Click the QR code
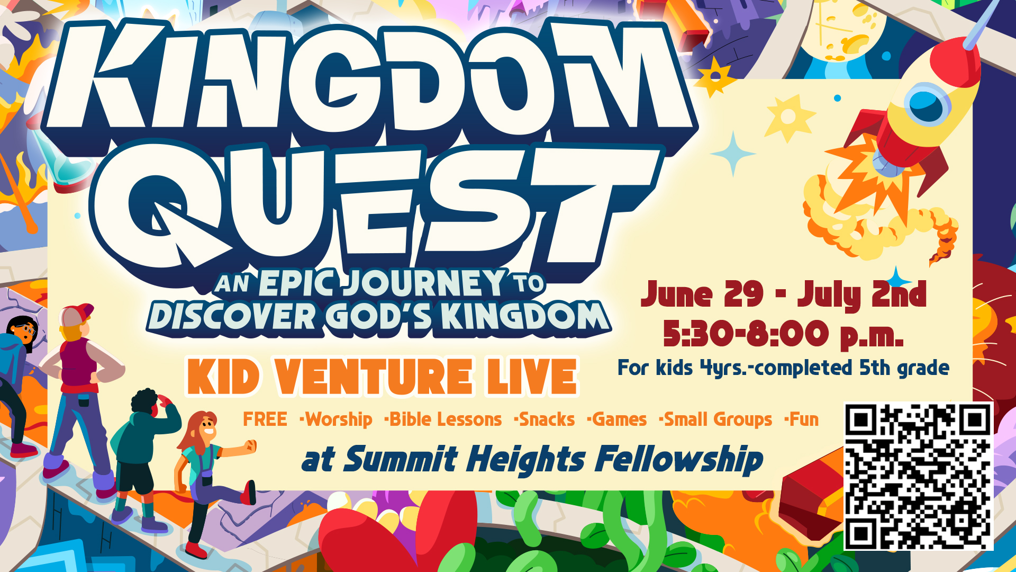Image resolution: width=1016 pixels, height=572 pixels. click(918, 476)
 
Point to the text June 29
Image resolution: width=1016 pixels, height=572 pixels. click(702, 294)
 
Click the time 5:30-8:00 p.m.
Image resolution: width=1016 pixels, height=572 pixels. click(783, 334)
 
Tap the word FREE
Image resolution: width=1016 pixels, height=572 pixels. click(265, 419)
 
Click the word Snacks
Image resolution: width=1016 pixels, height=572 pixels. click(547, 419)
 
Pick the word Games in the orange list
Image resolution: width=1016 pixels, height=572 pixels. click(620, 419)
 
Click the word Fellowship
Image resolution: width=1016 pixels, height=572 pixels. click(679, 459)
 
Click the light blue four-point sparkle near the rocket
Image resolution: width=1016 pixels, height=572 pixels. click(733, 154)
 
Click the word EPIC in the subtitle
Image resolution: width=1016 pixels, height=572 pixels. click(296, 283)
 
